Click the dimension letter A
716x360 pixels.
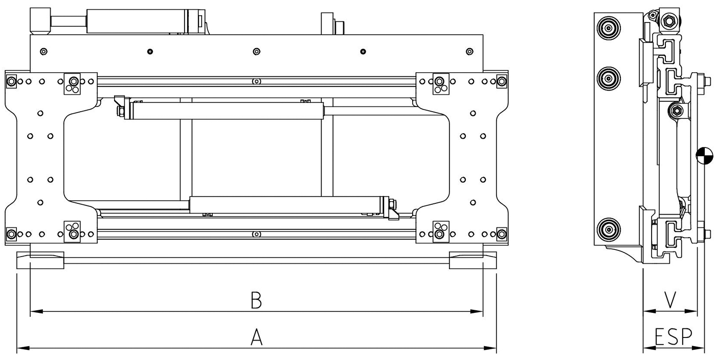[256, 336]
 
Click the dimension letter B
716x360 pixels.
[256, 300]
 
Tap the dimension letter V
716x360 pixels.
[670, 300]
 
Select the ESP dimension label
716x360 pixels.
[673, 336]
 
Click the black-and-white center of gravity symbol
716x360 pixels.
[705, 156]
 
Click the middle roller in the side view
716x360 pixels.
[608, 78]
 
